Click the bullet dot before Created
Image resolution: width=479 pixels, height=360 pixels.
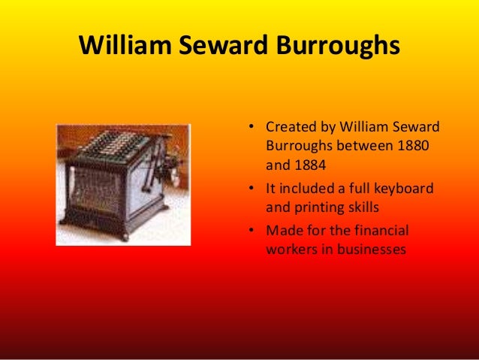pos(253,126)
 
